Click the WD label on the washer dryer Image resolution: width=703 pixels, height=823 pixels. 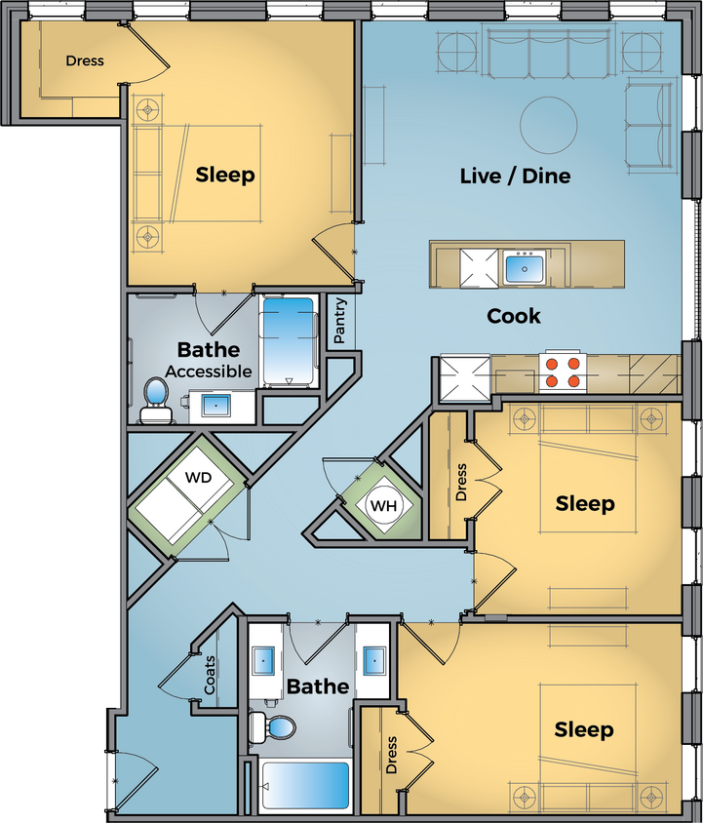tap(197, 479)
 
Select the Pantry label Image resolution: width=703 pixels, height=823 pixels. tap(340, 321)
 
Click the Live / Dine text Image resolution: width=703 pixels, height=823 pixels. tap(515, 176)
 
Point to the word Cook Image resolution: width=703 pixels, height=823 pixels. tap(514, 316)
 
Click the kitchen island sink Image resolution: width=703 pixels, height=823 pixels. tap(525, 266)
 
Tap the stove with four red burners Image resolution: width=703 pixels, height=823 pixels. tap(564, 371)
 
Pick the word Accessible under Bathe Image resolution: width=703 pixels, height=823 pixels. tap(208, 372)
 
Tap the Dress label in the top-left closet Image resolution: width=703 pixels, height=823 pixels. tap(85, 60)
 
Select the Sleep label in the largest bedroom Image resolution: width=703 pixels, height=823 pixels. tap(225, 175)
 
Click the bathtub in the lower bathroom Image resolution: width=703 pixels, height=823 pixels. tap(305, 785)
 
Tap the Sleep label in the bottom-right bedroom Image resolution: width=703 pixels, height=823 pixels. tap(584, 729)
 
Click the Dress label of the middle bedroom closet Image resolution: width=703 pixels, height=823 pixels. tap(461, 482)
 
